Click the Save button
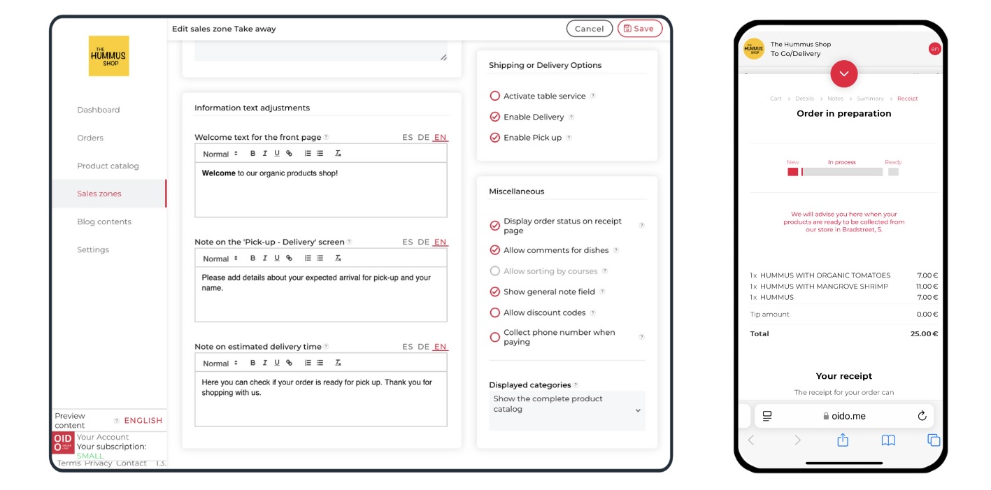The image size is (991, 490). [x=639, y=29]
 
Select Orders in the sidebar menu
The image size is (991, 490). [x=90, y=138]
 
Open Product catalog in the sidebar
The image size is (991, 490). [x=108, y=166]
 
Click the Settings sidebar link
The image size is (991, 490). [x=93, y=250]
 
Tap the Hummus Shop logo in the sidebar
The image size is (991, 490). [x=109, y=56]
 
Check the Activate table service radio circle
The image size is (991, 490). [x=494, y=96]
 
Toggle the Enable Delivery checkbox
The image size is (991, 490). [x=494, y=117]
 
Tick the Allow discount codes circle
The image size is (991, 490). [x=494, y=312]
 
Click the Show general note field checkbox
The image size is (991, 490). [x=494, y=292]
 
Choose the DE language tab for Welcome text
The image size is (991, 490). [x=423, y=137]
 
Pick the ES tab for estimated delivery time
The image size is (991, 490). [x=408, y=347]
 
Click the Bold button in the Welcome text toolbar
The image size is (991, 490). [x=252, y=154]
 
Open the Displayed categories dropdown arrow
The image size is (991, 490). [x=638, y=410]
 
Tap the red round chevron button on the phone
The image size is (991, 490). [x=843, y=74]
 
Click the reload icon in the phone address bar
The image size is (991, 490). [x=922, y=416]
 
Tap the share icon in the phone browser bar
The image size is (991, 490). [x=843, y=440]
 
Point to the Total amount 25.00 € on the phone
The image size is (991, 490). [x=924, y=334]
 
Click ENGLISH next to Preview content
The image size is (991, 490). [x=143, y=421]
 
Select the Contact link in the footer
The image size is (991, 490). [x=131, y=463]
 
